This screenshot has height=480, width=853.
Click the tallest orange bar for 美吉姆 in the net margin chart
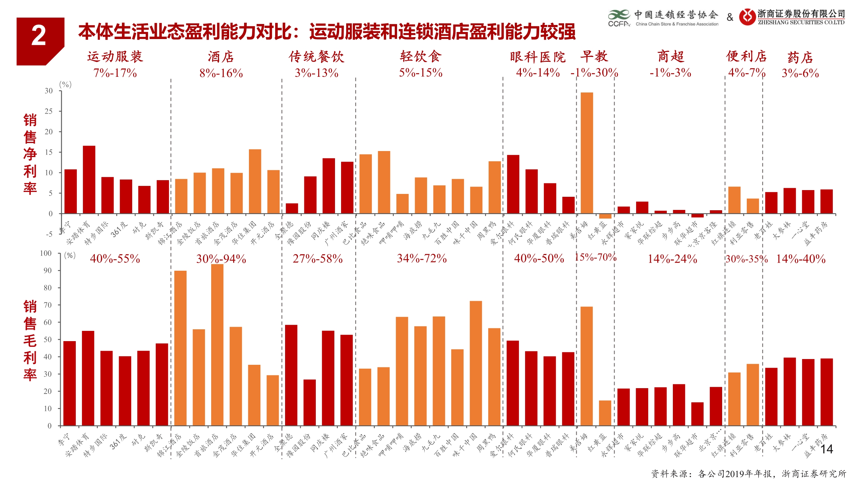tap(587, 152)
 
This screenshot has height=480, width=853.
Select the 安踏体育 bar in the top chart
tap(89, 179)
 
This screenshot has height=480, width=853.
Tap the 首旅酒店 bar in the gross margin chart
tap(217, 345)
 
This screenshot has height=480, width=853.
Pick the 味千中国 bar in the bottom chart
tap(476, 363)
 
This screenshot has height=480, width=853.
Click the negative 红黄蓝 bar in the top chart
tap(605, 216)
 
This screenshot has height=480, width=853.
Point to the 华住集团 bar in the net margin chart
tap(255, 181)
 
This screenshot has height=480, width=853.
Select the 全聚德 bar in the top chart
tap(292, 208)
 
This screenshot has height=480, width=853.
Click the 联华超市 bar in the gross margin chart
tap(698, 413)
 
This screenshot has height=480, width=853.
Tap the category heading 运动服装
tap(115, 57)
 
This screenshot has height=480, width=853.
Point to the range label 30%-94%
tap(221, 259)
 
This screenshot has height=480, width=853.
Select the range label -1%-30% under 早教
tap(594, 73)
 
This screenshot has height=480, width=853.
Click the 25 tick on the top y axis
tap(49, 111)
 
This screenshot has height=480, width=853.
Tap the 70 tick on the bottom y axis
tap(48, 305)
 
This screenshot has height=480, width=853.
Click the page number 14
tap(826, 449)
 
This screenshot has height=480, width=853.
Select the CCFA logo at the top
tap(618, 18)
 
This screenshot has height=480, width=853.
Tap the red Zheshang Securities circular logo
tap(747, 17)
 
